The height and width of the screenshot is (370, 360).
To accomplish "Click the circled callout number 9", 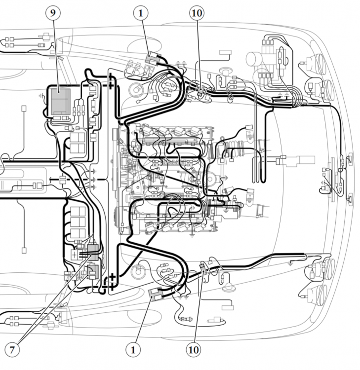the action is pos(53,13).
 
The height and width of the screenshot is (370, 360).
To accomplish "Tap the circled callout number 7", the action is pos(12,350).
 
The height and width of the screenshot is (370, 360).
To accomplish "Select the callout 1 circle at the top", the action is pos(141,13).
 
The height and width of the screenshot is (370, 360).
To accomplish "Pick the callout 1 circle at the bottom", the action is pos(133,350).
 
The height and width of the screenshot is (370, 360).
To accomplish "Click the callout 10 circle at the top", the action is pos(197,13).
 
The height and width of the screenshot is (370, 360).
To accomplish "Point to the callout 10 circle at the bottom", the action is pos(194,350).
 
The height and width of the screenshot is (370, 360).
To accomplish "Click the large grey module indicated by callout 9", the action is pos(61,102).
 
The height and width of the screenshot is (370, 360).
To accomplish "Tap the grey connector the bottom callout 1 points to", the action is pos(156,294).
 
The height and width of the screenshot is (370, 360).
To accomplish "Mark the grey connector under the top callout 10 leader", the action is pos(201,91).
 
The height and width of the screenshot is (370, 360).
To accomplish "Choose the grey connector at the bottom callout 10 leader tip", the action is pos(203,269).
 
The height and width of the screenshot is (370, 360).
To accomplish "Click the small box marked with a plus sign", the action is pos(75,255).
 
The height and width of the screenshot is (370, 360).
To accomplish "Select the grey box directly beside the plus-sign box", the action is pos(93,253).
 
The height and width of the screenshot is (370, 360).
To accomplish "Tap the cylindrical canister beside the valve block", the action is pos(255,59).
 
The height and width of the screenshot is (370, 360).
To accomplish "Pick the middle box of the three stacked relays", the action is pos(78,222).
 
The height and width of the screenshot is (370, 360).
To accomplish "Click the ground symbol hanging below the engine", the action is pos(192,235).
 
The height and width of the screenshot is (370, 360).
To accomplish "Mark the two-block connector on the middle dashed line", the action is pos(62,180).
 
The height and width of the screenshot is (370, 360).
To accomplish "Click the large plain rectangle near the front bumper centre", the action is pos(307,160).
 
